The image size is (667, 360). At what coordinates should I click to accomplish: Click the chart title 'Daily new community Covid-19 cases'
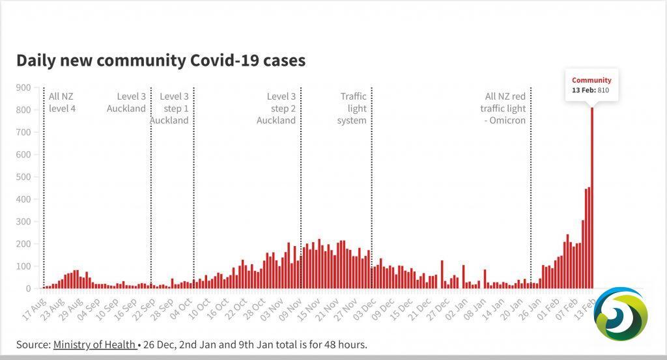[x=161, y=61]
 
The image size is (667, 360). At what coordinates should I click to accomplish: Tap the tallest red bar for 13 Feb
[x=591, y=198]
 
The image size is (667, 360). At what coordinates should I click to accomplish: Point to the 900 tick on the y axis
[x=23, y=87]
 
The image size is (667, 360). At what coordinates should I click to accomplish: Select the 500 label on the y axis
[x=23, y=177]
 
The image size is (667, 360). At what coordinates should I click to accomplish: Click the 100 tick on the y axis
[x=23, y=266]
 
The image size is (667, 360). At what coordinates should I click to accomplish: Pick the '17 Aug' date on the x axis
[x=34, y=309]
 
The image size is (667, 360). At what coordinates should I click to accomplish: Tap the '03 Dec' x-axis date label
[x=365, y=309]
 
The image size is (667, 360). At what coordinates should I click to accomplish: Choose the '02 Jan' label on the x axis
[x=457, y=309]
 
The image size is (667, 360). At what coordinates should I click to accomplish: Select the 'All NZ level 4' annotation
[x=62, y=102]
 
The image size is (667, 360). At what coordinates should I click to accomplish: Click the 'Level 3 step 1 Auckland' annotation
[x=170, y=108]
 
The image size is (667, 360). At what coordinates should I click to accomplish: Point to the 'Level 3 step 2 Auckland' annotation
[x=276, y=108]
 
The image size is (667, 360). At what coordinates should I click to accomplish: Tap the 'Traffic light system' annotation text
[x=352, y=108]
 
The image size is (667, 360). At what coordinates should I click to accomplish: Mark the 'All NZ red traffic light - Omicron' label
[x=504, y=108]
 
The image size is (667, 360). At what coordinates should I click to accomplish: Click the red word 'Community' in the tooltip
[x=591, y=80]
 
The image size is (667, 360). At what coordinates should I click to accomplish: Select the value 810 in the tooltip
[x=603, y=90]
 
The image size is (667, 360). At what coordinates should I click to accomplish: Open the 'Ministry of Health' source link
[x=94, y=344]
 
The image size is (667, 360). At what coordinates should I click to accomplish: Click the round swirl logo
[x=621, y=314]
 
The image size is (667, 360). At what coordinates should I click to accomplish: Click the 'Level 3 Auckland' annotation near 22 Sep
[x=126, y=102]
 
